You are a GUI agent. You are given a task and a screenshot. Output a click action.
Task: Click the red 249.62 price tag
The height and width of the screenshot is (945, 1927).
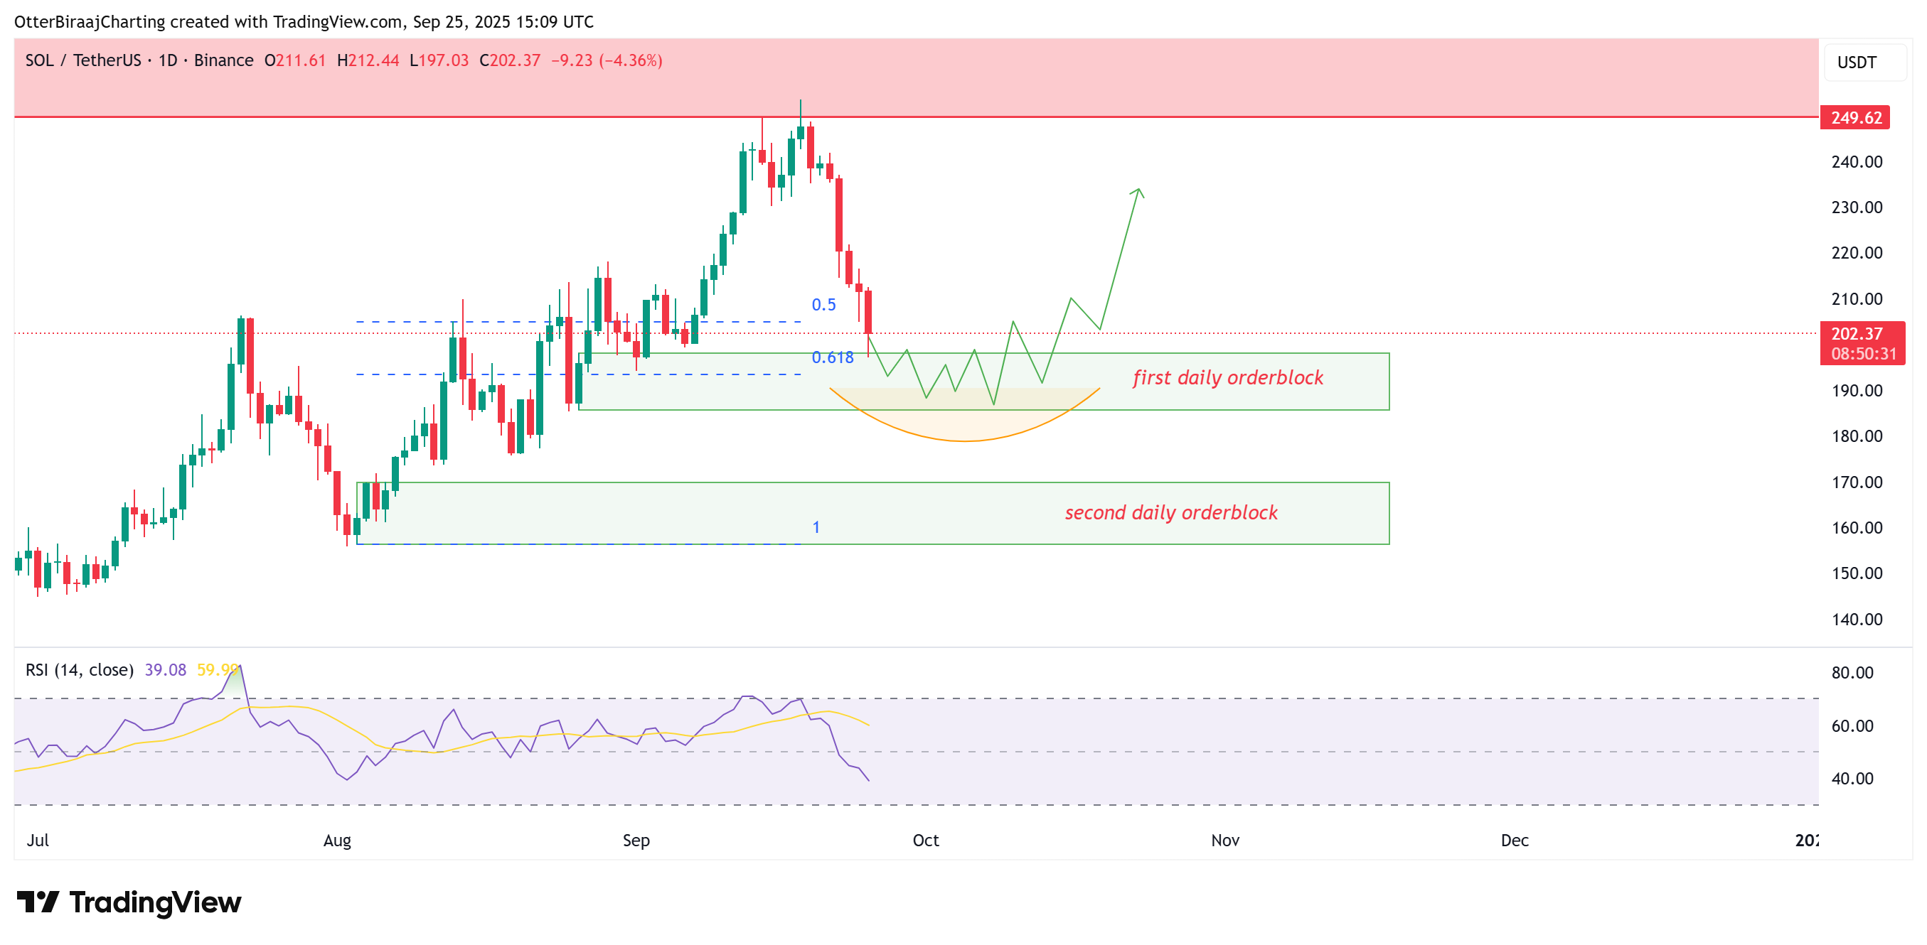1855,118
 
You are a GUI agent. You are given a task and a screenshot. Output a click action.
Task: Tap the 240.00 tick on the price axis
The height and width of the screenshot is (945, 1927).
1857,162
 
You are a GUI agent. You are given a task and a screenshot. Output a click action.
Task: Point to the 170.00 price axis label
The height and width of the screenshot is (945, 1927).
1857,482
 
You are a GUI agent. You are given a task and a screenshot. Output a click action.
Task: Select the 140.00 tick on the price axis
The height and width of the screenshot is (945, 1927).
1857,619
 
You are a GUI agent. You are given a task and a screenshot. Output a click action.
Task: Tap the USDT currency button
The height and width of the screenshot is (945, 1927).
1857,63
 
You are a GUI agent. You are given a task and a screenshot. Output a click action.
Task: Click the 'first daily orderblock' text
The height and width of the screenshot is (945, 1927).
1227,378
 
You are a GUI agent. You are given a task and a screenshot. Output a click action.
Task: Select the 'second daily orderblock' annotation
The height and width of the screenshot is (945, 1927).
1170,513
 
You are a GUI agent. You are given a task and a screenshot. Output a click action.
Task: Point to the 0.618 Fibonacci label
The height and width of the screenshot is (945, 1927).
832,358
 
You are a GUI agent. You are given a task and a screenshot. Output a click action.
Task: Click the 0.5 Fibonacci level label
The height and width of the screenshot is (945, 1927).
823,305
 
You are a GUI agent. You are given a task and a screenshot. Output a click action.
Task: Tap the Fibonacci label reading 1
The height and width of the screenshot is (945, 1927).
816,528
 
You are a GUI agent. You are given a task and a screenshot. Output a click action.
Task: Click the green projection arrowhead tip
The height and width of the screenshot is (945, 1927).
1138,189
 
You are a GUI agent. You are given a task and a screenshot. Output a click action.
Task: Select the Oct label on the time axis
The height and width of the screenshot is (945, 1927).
925,841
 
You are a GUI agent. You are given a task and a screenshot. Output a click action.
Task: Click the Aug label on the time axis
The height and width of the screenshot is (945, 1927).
336,841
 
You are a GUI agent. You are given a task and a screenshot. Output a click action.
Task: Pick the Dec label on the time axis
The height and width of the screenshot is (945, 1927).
1514,841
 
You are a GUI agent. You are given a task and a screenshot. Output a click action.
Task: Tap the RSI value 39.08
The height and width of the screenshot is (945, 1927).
165,670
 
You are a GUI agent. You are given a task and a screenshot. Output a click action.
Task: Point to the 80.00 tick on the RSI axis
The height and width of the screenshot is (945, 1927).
1852,673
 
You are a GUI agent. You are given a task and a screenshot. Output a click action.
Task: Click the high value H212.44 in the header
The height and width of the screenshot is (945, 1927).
368,60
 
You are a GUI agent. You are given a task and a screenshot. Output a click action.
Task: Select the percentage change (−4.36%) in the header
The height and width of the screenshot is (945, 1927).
630,60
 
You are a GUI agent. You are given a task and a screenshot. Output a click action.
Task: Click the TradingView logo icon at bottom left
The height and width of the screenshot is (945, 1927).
38,902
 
